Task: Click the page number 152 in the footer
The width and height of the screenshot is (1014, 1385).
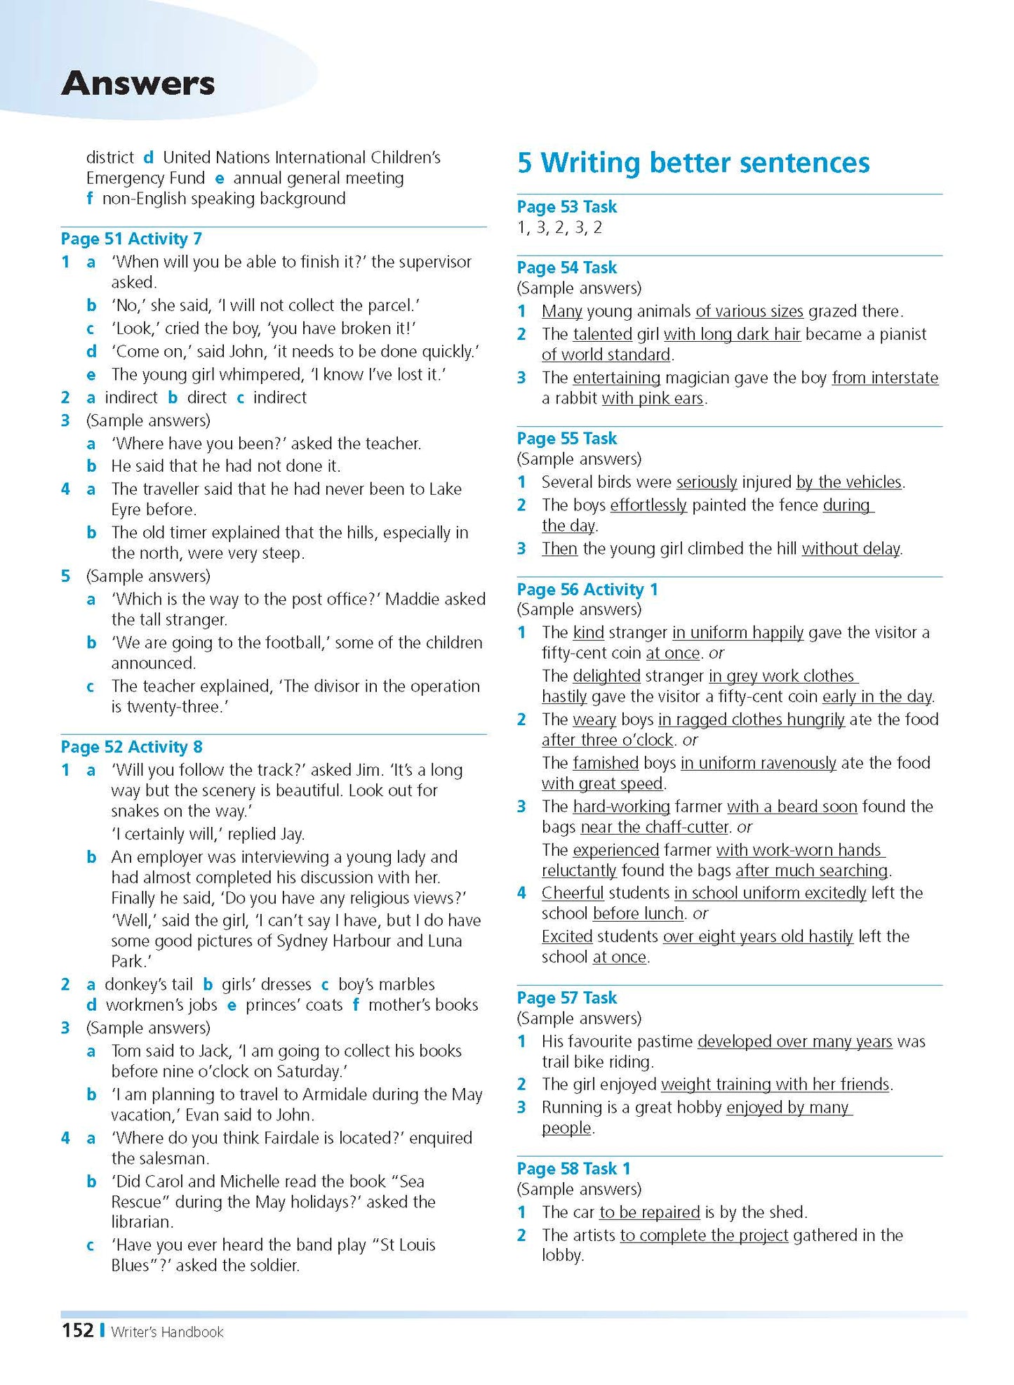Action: point(77,1330)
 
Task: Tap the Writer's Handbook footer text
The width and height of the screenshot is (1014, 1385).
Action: point(167,1332)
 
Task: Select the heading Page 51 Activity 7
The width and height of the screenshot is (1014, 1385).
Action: point(131,239)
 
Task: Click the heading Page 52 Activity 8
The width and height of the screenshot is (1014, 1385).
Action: point(131,747)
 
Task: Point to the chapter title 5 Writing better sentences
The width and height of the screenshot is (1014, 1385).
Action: point(693,163)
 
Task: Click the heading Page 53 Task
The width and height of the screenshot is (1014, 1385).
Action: point(566,206)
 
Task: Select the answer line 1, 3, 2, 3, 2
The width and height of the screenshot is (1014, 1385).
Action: point(559,227)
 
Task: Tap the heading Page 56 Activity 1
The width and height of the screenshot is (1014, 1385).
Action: point(587,589)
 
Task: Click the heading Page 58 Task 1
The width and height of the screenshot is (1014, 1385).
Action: point(573,1168)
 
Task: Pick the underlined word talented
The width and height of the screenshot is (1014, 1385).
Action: point(602,334)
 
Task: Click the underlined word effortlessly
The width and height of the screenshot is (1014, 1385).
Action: point(648,505)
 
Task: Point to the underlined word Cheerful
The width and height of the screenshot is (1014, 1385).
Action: point(572,893)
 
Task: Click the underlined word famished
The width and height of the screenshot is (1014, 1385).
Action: point(605,763)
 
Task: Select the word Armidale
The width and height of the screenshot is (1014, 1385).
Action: point(319,1094)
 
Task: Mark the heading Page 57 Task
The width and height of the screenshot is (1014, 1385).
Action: point(566,998)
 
